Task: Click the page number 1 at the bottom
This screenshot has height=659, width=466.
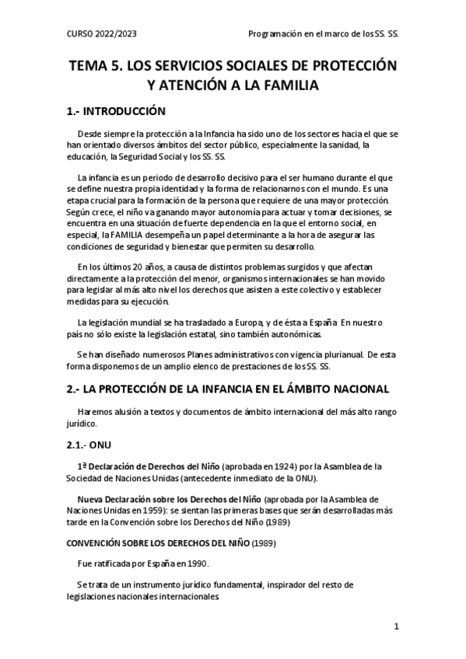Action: click(x=396, y=626)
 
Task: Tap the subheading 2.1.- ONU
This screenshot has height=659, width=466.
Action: click(x=92, y=447)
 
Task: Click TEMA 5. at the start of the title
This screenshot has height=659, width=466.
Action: click(x=96, y=65)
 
